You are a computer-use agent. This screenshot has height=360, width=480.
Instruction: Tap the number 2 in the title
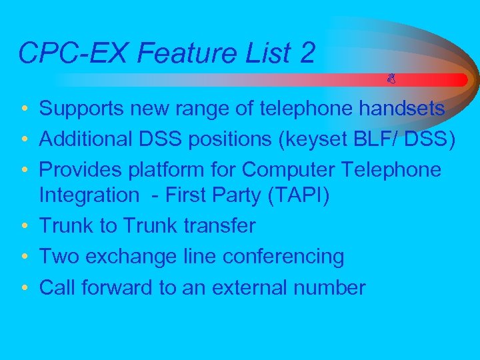(x=307, y=53)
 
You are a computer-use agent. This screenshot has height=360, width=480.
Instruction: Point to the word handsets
(x=401, y=109)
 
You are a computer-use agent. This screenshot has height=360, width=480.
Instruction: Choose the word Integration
(x=87, y=195)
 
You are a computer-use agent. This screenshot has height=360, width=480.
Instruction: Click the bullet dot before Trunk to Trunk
(x=23, y=227)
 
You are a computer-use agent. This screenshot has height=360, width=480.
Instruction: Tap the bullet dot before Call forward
(x=23, y=288)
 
